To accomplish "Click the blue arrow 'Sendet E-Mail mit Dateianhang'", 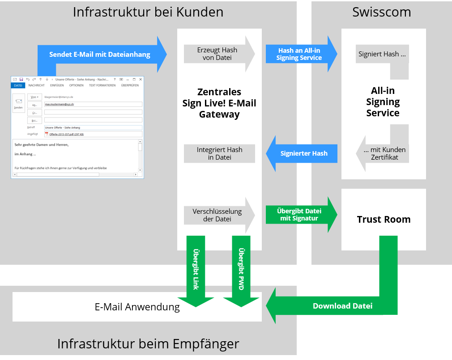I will pyautogui.click(x=99, y=55).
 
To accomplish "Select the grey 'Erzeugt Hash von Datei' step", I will pyautogui.click(x=217, y=54).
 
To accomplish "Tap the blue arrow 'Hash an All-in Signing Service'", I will pyautogui.click(x=299, y=54).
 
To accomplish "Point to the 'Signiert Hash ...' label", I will pyautogui.click(x=382, y=54).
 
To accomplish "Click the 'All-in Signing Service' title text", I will pyautogui.click(x=383, y=102).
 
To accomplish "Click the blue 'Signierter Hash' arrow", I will pyautogui.click(x=303, y=153).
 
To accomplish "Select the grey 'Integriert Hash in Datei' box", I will pyautogui.click(x=219, y=153).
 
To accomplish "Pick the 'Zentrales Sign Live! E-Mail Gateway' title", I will pyautogui.click(x=219, y=103).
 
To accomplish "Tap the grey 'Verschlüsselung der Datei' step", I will pyautogui.click(x=217, y=215).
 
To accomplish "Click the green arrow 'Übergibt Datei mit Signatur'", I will pyautogui.click(x=299, y=215).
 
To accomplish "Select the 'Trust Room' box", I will pyautogui.click(x=384, y=220).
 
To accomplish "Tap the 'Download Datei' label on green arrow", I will pyautogui.click(x=342, y=306).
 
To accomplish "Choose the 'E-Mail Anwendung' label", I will pyautogui.click(x=137, y=307).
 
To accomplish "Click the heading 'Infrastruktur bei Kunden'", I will pyautogui.click(x=148, y=12).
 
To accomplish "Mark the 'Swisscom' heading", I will pyautogui.click(x=381, y=12).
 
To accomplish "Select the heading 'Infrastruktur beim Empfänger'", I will pyautogui.click(x=148, y=344).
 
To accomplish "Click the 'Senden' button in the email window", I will pyautogui.click(x=19, y=103).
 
